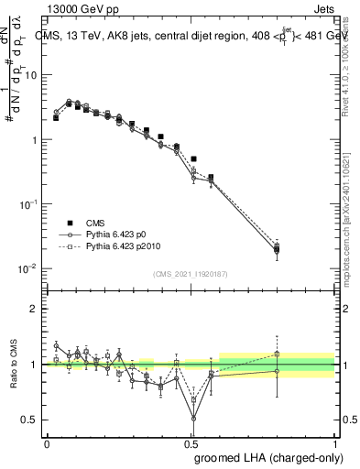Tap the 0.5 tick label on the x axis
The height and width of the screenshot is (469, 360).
tap(191, 442)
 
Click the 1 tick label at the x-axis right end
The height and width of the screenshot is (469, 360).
tap(335, 442)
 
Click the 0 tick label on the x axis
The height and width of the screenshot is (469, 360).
tap(47, 442)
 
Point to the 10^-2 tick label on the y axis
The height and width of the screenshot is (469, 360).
tap(28, 268)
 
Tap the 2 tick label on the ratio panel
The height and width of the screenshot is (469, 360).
tap(35, 309)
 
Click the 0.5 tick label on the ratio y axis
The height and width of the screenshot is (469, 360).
tap(30, 420)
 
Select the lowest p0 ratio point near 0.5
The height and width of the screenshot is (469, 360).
tap(193, 419)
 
